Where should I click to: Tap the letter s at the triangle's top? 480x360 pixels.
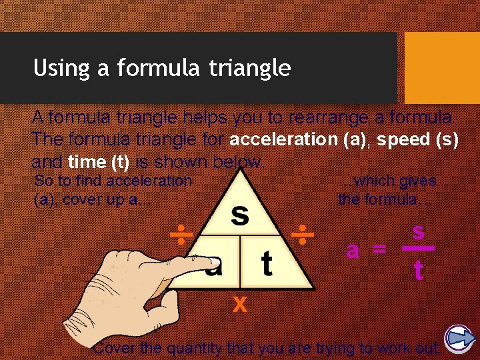240,215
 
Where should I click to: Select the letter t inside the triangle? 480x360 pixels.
267,263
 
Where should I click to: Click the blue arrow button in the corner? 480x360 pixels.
459,339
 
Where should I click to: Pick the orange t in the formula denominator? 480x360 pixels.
418,269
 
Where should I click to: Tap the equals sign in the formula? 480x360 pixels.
379,251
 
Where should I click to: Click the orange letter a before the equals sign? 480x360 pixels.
353,251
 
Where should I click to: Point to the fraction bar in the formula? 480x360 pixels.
418,249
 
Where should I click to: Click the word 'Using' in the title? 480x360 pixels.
57,68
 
